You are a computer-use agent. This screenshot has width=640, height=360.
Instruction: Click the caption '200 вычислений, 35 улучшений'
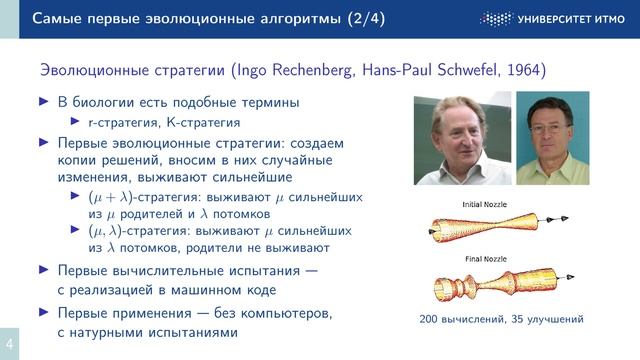pos(501,320)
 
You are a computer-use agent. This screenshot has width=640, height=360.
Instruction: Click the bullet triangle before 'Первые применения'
pos(42,313)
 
